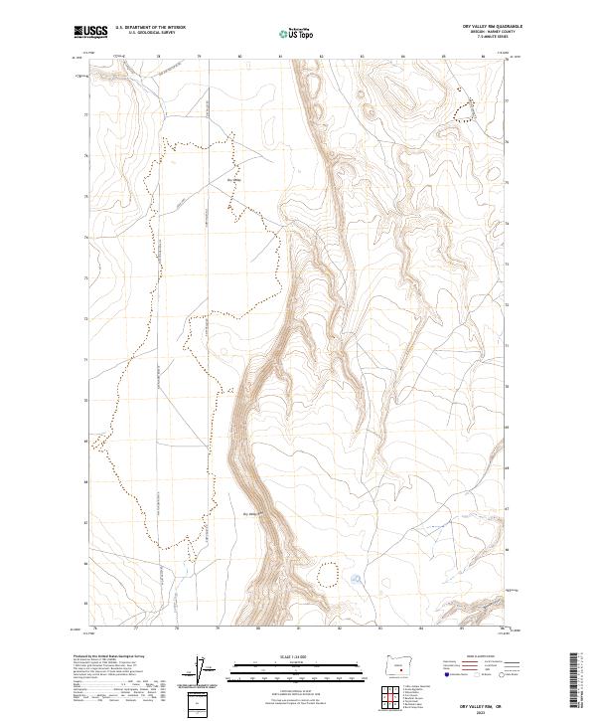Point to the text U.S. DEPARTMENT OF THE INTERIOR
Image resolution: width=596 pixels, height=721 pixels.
(150, 27)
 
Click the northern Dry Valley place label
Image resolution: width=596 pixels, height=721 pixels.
(235, 180)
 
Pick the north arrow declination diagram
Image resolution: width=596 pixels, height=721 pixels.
(201, 671)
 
